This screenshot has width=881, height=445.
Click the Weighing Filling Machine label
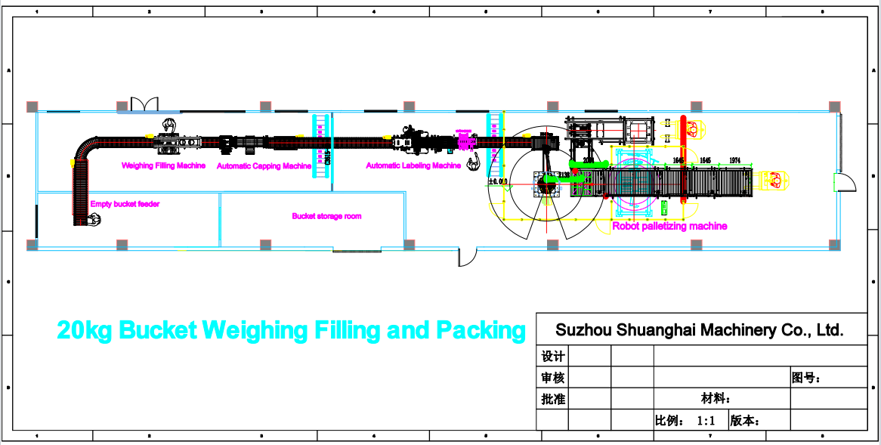(163, 165)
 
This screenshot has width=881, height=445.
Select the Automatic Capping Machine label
(264, 165)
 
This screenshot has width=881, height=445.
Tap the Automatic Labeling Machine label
(413, 165)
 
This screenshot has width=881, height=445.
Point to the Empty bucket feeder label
(125, 204)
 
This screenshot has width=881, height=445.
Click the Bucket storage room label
(326, 216)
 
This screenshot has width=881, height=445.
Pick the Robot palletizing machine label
(669, 226)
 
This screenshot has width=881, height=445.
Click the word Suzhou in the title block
(583, 330)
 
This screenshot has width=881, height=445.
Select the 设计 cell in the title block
(552, 357)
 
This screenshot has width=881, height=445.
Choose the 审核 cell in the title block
(552, 378)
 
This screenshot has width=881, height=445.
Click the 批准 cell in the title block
(552, 399)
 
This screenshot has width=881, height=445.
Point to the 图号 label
(805, 378)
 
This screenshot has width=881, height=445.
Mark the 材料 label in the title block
(715, 399)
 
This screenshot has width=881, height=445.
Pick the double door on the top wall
(143, 104)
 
